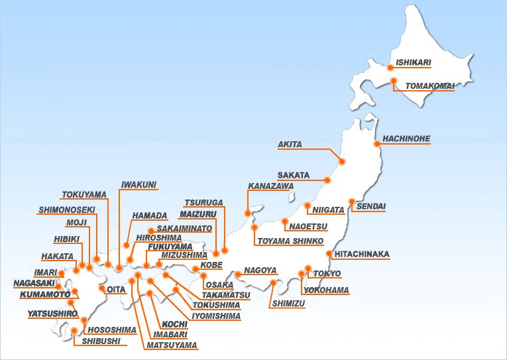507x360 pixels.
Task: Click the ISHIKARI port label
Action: tap(414, 63)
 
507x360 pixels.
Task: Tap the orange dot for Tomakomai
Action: tap(394, 82)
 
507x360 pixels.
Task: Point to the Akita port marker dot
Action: tap(342, 161)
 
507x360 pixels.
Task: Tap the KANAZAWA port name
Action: tap(270, 186)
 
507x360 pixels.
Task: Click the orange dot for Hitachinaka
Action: tap(330, 254)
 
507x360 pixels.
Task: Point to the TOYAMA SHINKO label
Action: tap(290, 240)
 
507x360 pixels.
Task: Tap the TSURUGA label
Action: tap(203, 202)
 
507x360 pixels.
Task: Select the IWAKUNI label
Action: tap(139, 184)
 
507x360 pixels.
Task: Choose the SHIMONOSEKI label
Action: tap(67, 210)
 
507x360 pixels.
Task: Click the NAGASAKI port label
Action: tap(32, 283)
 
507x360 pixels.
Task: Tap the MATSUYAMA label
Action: tap(172, 345)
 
